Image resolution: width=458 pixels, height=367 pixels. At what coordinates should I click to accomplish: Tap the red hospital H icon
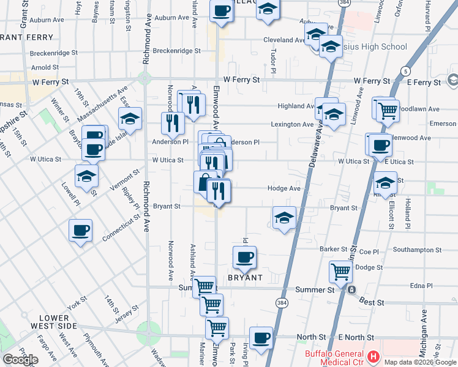(x=373, y=356)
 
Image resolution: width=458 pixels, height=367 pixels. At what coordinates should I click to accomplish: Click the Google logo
(x=20, y=360)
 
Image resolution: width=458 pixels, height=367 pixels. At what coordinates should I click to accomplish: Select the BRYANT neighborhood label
(x=245, y=278)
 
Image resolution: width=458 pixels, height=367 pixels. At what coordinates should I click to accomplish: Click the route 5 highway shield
(x=406, y=72)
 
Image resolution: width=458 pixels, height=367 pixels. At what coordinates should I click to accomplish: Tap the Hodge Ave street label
(x=284, y=189)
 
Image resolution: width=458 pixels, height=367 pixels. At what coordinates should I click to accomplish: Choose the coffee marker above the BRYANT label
(x=244, y=257)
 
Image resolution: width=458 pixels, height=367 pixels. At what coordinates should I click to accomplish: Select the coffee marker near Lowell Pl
(x=80, y=231)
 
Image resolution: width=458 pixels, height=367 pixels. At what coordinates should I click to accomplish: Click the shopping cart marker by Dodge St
(x=340, y=271)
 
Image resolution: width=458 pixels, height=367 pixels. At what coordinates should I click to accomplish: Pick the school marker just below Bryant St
(x=284, y=218)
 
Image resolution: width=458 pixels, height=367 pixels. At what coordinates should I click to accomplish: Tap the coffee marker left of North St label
(x=261, y=338)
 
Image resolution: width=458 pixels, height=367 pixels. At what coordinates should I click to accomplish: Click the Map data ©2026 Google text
(x=420, y=361)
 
